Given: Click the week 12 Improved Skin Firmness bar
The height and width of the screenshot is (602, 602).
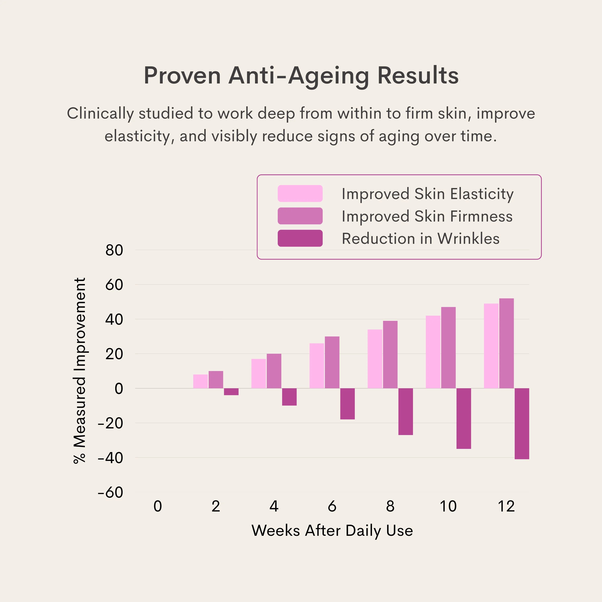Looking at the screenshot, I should (506, 343).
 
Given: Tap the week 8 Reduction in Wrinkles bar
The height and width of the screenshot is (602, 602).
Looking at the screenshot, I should (405, 411).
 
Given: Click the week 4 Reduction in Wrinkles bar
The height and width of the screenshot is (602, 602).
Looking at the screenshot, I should (289, 397).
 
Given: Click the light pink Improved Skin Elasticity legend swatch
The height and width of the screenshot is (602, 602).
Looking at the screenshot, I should (300, 193).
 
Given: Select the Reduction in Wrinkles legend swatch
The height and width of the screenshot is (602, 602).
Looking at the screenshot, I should (300, 238).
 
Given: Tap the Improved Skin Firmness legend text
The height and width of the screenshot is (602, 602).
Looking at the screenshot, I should (427, 216).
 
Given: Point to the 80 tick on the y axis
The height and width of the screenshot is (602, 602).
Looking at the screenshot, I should (114, 250).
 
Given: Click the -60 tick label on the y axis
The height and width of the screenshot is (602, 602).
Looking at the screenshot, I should (110, 493).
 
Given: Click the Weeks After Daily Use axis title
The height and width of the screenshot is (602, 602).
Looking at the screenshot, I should (332, 530).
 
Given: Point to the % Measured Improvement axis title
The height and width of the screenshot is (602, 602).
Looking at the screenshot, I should (79, 371).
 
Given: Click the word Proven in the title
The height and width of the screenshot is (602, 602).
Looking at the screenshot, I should (182, 75).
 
